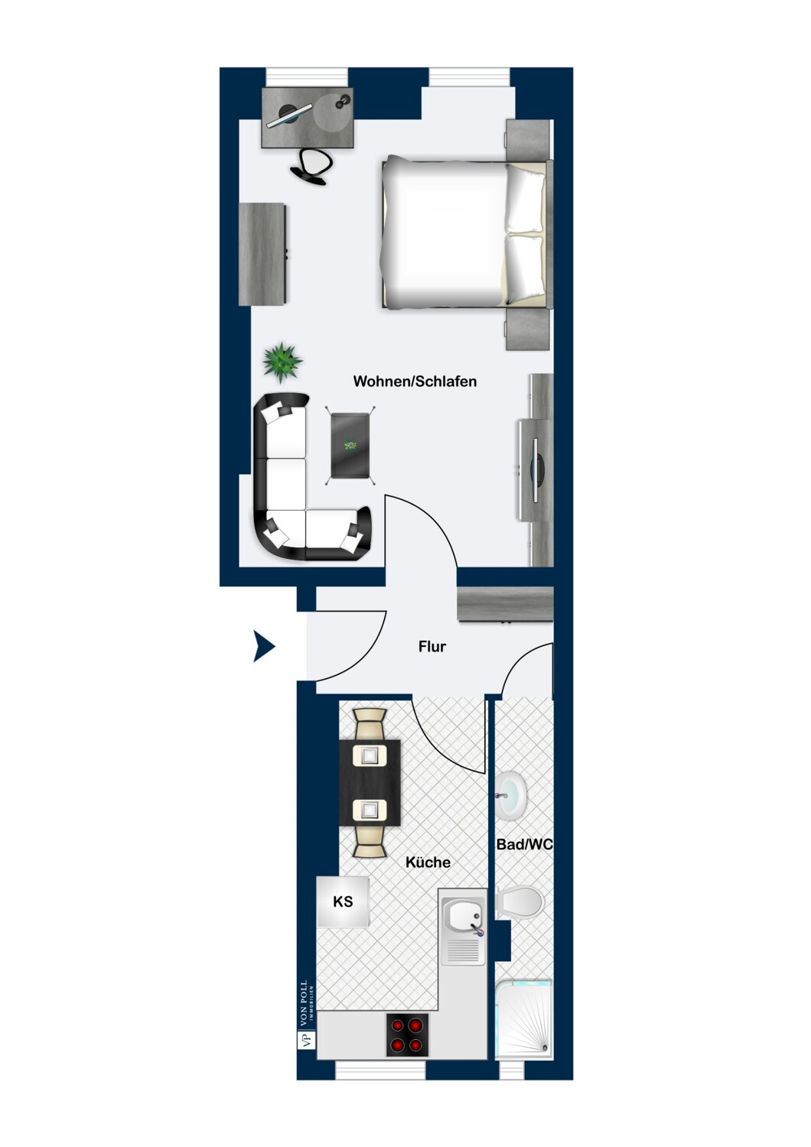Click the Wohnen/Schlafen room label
(x=415, y=381)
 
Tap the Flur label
(x=432, y=646)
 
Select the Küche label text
(x=428, y=862)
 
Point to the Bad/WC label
(x=524, y=844)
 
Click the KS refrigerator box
(x=343, y=902)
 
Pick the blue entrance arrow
(x=263, y=646)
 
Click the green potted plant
(x=282, y=362)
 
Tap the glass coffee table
(x=351, y=445)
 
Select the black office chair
(x=312, y=166)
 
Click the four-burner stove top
(x=407, y=1035)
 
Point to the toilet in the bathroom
(x=519, y=902)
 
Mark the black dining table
(x=370, y=782)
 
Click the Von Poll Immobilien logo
(x=306, y=1015)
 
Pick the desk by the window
(x=308, y=117)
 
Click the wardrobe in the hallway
(x=505, y=604)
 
